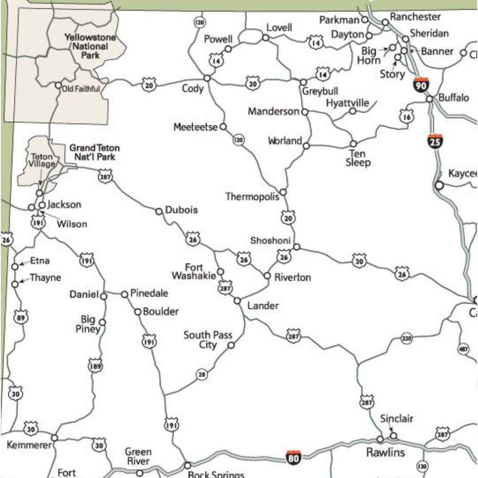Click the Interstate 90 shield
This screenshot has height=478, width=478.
(420, 85)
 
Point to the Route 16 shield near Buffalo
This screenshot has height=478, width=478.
(406, 116)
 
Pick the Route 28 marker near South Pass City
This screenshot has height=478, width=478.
(201, 374)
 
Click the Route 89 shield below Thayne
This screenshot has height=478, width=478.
(20, 318)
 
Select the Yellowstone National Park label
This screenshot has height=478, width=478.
(90, 46)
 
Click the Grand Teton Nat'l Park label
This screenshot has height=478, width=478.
(94, 152)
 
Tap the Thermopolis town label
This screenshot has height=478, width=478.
(252, 197)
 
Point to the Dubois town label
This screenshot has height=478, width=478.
(181, 210)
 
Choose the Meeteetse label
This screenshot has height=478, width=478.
(195, 127)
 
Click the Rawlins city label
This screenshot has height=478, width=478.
(385, 452)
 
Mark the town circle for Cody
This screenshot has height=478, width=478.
(207, 78)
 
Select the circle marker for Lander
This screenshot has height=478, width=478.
(237, 301)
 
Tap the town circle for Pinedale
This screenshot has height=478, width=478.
(124, 294)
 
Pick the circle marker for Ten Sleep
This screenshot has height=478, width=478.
(353, 143)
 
